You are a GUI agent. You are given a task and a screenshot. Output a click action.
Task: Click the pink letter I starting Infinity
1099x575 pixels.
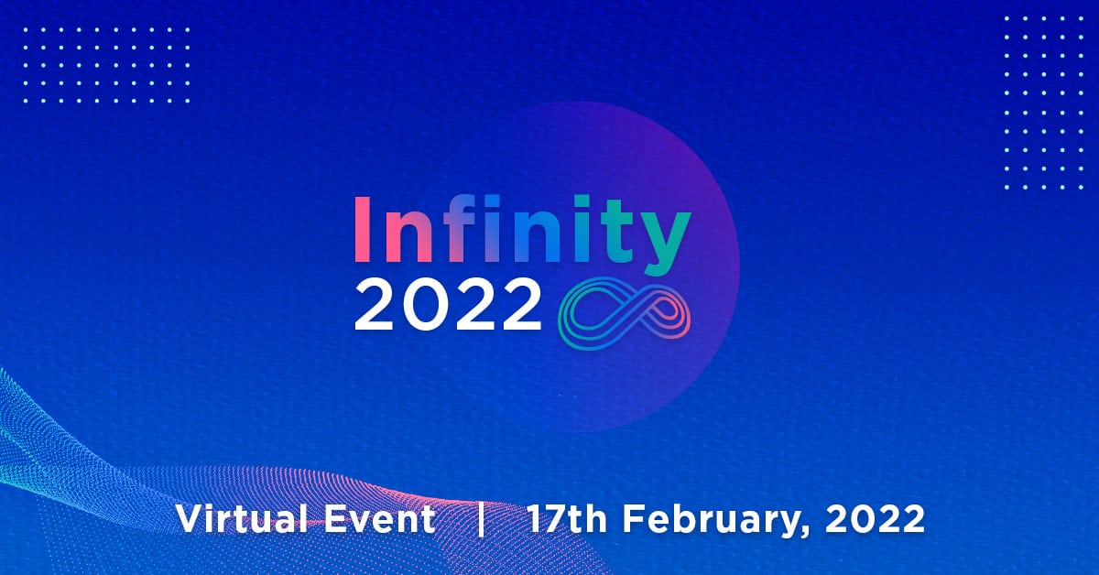362,229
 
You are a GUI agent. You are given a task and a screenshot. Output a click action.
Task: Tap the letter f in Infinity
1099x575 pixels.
462,228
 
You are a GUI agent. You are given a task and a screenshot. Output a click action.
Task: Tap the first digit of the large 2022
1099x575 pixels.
375,304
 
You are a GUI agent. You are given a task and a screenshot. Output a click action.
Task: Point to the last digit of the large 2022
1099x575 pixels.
520,304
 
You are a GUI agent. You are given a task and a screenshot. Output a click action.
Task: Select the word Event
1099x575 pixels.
380,519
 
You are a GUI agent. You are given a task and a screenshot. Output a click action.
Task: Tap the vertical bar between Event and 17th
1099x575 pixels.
482,519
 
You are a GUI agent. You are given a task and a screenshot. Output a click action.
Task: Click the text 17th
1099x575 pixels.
567,518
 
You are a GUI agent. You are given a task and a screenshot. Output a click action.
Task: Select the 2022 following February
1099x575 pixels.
875,519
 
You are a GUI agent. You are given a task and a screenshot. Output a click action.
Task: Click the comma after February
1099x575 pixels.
807,533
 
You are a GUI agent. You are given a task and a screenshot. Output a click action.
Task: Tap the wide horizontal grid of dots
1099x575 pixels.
106,65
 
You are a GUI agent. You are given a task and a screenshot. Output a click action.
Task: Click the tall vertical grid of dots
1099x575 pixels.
1043,103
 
